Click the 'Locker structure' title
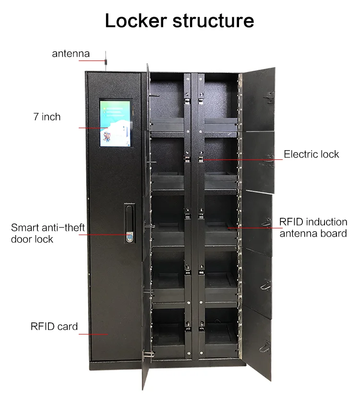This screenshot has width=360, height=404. coord(180,21)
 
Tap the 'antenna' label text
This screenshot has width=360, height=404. coord(71,53)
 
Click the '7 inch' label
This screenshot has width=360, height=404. coord(47,117)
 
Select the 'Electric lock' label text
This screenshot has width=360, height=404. coord(311,154)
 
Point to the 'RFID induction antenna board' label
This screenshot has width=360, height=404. coord(313,227)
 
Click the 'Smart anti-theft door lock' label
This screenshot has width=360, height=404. coord(48,233)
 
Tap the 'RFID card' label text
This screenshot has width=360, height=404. coord(54,327)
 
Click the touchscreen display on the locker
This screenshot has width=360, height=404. coord(115,123)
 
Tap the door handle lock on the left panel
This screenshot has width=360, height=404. coord(129,225)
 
